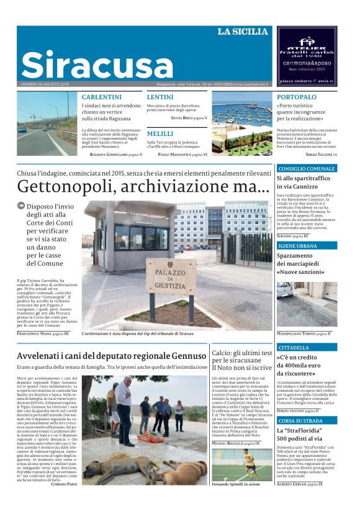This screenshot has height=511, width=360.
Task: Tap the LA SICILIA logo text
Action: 242,32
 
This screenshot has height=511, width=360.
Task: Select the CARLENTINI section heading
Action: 102,97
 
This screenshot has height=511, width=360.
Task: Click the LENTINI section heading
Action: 160,97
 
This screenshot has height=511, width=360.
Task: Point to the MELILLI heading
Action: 160,133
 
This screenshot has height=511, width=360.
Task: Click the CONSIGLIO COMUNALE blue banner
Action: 307,169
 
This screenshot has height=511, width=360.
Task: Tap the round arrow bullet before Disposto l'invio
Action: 21,206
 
